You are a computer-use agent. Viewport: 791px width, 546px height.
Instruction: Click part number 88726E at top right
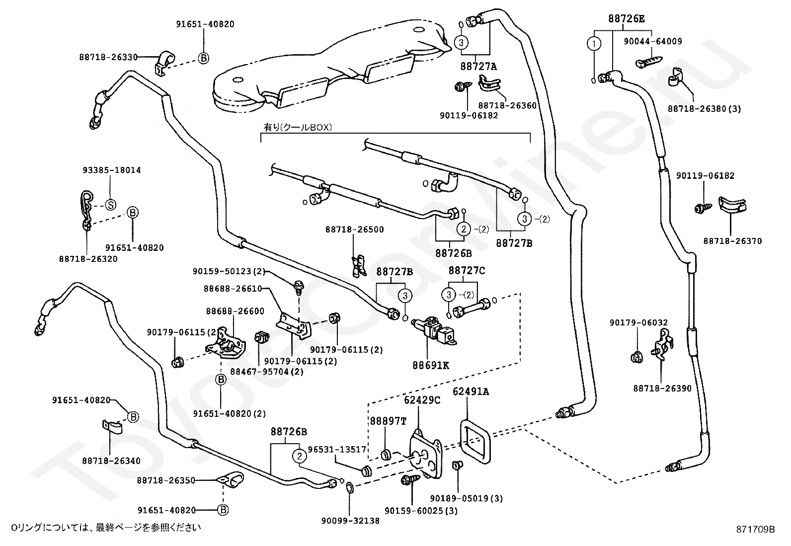coord(626,18)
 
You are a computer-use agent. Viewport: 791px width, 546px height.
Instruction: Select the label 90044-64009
coord(653,41)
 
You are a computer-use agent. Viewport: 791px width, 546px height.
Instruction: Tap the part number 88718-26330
coord(108,57)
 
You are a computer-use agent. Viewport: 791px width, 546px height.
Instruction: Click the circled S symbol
coord(111,205)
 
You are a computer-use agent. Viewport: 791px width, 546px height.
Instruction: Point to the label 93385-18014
coord(112,170)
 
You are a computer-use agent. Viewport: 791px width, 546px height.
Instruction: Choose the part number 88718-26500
coord(355,229)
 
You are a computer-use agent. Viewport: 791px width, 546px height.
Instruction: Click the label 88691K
coord(430,365)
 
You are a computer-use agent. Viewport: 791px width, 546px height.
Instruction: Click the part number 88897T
coord(388,421)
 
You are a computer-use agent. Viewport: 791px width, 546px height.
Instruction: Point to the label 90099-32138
coord(350,521)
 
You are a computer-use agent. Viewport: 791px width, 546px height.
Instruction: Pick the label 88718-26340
coord(111,461)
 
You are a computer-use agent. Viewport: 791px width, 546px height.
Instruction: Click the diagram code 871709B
coord(755,529)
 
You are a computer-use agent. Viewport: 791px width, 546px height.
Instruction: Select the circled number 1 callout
coord(594,44)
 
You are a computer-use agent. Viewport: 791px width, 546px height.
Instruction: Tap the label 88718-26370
coord(732,241)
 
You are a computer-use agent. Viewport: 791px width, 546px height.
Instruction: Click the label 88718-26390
coord(662,388)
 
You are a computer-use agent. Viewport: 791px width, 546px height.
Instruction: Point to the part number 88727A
coord(478,66)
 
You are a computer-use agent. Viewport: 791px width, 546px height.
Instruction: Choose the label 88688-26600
coord(235,311)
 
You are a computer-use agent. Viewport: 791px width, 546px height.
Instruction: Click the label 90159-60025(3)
coord(421,511)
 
